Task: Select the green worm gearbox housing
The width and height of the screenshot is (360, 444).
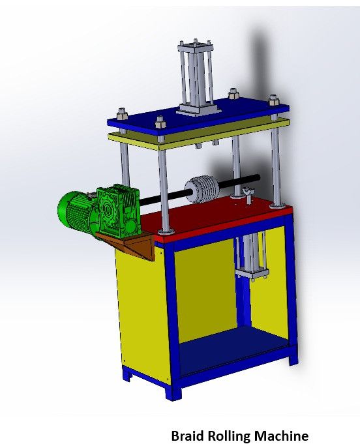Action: pos(119,207)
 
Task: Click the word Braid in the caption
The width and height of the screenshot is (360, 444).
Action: pos(187,435)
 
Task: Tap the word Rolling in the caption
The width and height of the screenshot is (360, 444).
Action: pos(228,435)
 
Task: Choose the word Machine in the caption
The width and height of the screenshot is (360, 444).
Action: pos(281,435)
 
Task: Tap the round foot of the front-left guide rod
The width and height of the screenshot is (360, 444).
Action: pos(168,230)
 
